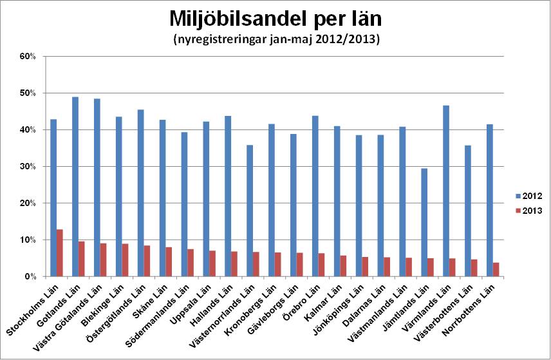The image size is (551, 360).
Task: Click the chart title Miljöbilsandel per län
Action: tap(277, 18)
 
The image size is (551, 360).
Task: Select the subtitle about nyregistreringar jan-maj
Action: tap(277, 40)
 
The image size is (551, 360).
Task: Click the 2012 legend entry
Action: tap(531, 196)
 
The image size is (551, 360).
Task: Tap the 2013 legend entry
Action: tap(531, 211)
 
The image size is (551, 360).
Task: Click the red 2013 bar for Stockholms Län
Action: tap(60, 253)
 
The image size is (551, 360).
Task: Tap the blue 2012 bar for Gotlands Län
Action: tap(75, 187)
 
